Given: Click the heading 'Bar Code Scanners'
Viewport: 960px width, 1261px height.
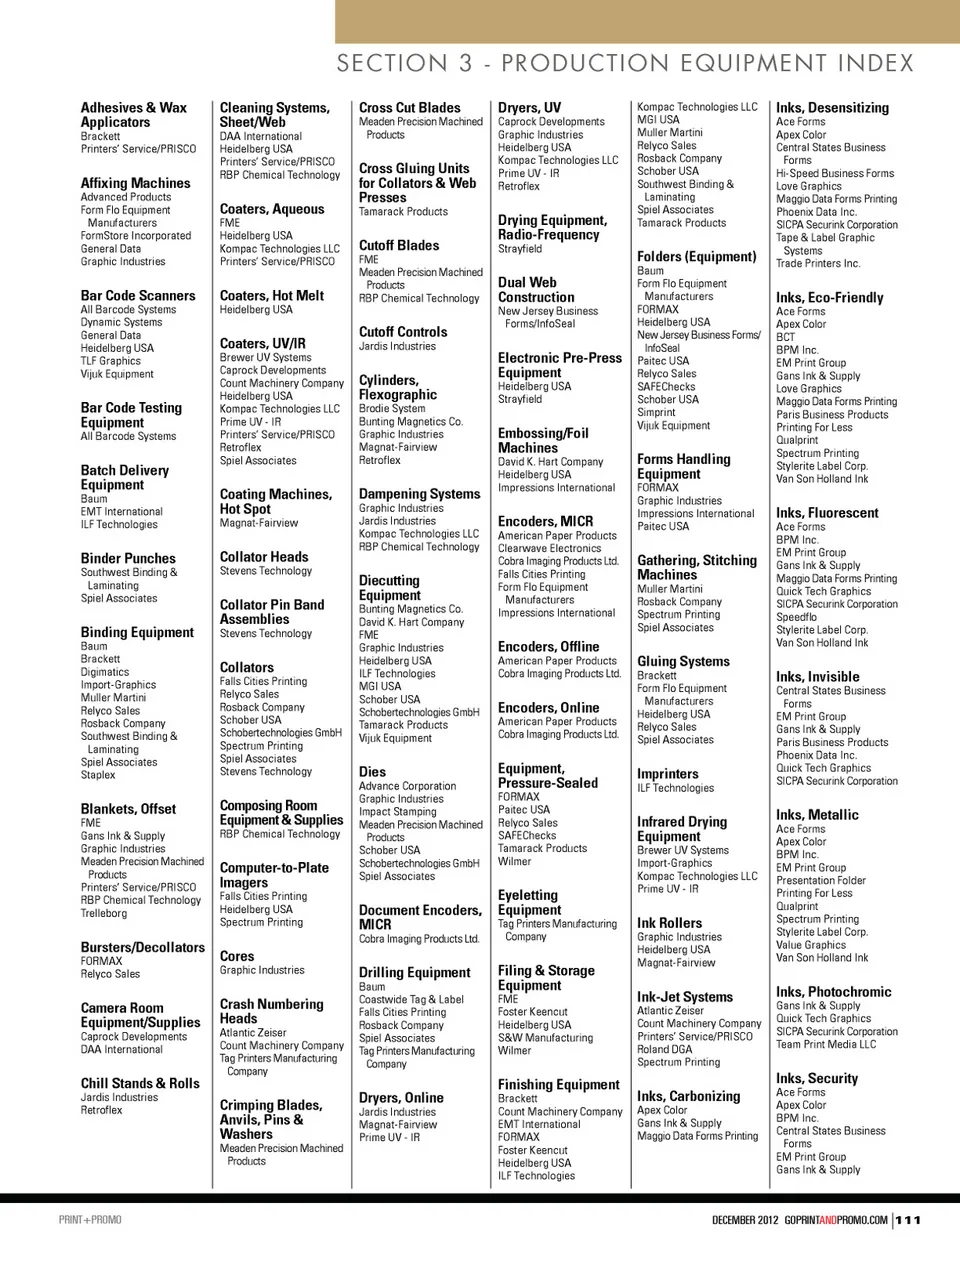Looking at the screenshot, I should pyautogui.click(x=138, y=296).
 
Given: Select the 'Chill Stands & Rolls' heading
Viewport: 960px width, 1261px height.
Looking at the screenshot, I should pyautogui.click(x=140, y=1083).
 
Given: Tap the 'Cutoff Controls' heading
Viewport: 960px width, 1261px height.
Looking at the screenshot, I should pyautogui.click(x=403, y=332).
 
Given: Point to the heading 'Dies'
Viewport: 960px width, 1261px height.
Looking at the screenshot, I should pyautogui.click(x=372, y=772).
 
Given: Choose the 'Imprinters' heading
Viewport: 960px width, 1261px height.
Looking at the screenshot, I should pyautogui.click(x=668, y=774).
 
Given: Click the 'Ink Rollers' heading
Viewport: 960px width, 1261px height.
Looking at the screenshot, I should pyautogui.click(x=669, y=923).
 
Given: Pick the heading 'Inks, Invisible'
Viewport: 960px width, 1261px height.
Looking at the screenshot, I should pyautogui.click(x=817, y=677).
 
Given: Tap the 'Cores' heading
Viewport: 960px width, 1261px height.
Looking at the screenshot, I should pyautogui.click(x=237, y=956).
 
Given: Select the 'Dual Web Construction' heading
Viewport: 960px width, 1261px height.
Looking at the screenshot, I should pyautogui.click(x=536, y=290).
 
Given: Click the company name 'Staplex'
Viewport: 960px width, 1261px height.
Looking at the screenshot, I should pyautogui.click(x=98, y=775).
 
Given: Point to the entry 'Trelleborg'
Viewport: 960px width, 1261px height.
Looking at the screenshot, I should pyautogui.click(x=104, y=913).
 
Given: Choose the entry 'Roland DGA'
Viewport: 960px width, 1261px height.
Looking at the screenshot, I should pyautogui.click(x=664, y=1049).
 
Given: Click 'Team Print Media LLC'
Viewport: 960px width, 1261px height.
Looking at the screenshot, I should pyautogui.click(x=826, y=1044).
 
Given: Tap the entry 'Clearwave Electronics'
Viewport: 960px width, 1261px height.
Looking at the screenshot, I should pyautogui.click(x=549, y=548).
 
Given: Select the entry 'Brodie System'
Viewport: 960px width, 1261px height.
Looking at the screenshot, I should pyautogui.click(x=392, y=408).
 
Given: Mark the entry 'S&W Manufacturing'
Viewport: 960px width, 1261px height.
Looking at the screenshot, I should pyautogui.click(x=545, y=1038).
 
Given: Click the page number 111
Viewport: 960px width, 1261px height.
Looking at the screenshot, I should pyautogui.click(x=908, y=1220).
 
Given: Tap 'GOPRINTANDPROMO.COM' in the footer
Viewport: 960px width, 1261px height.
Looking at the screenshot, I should pyautogui.click(x=836, y=1220).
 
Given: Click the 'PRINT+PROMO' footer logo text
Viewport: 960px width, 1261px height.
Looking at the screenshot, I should pyautogui.click(x=90, y=1220).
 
